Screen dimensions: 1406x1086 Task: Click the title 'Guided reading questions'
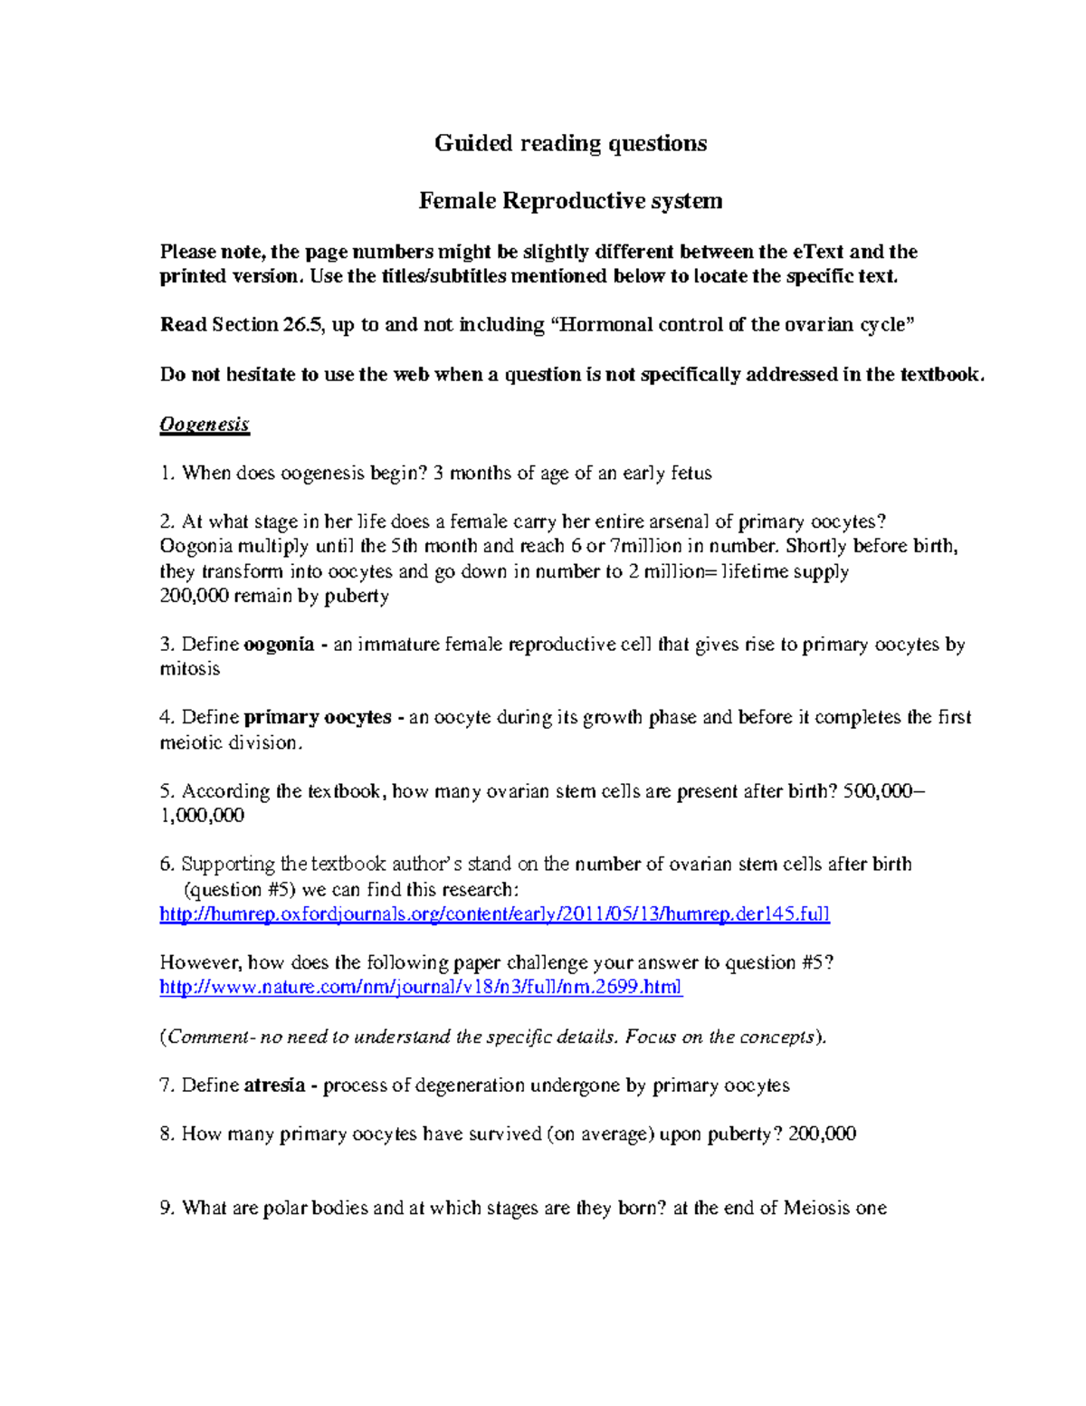coord(570,143)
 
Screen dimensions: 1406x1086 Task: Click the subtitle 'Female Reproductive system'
coord(570,200)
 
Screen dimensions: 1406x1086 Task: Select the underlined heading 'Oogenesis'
coord(205,424)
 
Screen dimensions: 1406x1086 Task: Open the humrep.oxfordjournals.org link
coord(494,913)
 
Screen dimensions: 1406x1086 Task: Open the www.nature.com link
coord(421,987)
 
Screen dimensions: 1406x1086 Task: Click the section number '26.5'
coord(301,325)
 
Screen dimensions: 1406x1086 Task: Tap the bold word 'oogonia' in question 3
coord(279,645)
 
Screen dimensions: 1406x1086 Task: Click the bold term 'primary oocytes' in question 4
coord(318,717)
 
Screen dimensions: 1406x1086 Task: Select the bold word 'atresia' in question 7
coord(274,1085)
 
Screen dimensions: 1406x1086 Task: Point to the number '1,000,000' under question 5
coord(202,815)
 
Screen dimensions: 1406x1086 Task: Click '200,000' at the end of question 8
coord(822,1133)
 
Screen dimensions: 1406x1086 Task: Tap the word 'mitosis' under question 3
coord(190,669)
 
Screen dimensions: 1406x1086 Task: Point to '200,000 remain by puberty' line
coord(274,596)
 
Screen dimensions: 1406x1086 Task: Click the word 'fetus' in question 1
coord(691,473)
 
